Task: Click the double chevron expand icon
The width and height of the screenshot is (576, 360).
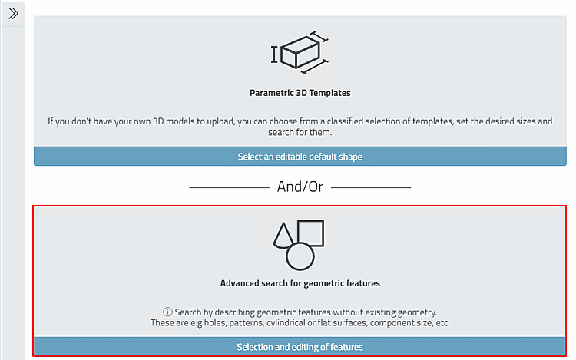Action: click(13, 14)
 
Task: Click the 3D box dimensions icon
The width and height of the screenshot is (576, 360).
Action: click(300, 52)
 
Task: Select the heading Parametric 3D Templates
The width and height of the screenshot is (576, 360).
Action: click(300, 93)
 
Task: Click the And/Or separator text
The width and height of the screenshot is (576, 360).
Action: click(300, 187)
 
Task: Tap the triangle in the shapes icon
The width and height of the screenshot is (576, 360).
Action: click(283, 235)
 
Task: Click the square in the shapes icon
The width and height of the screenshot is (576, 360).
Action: click(311, 221)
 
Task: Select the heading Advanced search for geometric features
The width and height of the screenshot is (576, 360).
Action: click(300, 283)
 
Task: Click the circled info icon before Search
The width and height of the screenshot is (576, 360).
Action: click(167, 312)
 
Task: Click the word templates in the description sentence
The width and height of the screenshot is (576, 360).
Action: click(432, 121)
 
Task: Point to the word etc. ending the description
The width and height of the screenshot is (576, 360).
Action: click(442, 323)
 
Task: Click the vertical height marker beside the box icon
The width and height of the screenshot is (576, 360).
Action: click(274, 54)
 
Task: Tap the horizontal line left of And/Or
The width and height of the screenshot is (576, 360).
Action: click(229, 187)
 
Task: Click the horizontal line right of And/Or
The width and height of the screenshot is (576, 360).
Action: click(371, 187)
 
